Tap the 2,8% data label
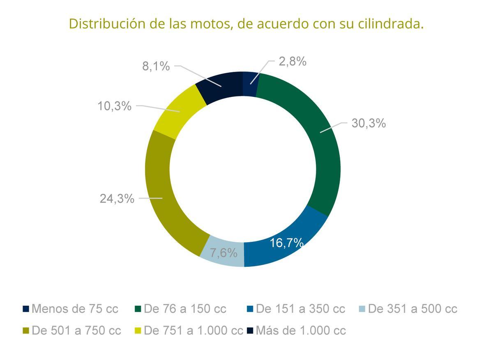(x=293, y=62)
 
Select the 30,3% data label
(x=369, y=123)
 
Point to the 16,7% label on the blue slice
(x=286, y=243)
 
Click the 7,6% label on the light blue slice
(x=223, y=253)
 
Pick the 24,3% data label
(x=117, y=199)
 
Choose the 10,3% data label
(x=114, y=106)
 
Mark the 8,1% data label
(x=156, y=66)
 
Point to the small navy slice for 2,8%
(x=250, y=84)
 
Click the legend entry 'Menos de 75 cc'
(x=71, y=309)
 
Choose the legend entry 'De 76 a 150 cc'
(x=181, y=309)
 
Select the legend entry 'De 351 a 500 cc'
(x=408, y=309)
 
